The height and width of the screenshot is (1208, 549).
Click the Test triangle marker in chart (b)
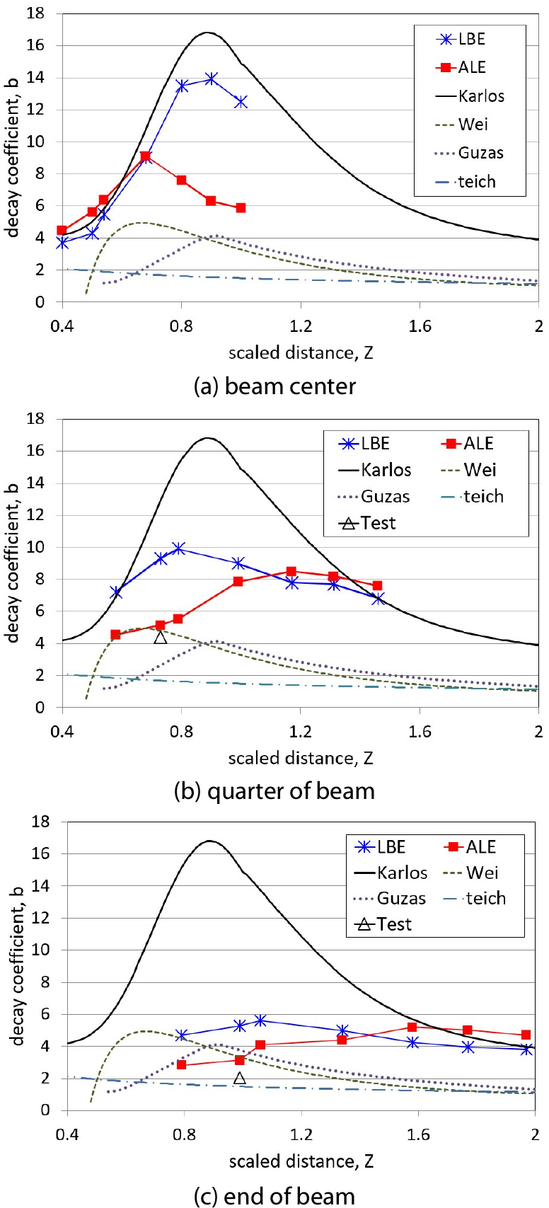[161, 637]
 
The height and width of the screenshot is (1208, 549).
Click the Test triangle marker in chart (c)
[240, 1078]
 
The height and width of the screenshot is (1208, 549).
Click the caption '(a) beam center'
[274, 386]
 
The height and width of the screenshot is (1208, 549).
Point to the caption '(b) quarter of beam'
[274, 790]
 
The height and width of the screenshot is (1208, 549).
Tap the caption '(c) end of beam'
[274, 1196]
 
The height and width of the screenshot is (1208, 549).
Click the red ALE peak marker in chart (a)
[145, 156]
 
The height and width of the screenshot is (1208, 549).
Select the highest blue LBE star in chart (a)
[211, 79]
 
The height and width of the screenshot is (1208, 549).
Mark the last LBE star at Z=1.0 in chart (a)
[241, 102]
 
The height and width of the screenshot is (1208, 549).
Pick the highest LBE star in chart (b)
[178, 548]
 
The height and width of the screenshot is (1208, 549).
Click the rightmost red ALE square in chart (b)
[377, 586]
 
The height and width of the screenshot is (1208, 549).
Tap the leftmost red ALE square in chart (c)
[182, 1064]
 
